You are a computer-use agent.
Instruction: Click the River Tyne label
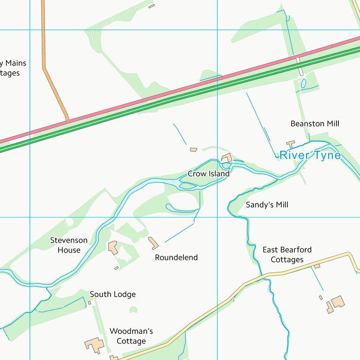310,155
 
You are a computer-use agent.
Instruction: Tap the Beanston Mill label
315,124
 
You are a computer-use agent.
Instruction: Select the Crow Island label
209,174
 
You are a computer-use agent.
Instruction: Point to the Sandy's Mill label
267,205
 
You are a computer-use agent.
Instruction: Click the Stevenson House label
69,245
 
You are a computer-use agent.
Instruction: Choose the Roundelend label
176,257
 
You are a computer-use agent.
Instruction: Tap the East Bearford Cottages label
287,255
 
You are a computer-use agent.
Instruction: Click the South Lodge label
112,294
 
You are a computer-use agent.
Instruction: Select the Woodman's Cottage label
131,336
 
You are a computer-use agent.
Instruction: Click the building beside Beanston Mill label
291,144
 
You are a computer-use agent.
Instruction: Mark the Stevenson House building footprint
113,247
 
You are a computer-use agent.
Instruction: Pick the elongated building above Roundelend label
153,243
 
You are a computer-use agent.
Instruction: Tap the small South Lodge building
90,303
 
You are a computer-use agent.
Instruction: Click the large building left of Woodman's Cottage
95,345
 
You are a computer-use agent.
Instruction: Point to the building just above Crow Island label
227,157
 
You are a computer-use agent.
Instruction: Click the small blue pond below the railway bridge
303,83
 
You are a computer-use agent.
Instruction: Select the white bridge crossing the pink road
299,66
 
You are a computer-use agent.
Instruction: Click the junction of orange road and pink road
68,121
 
